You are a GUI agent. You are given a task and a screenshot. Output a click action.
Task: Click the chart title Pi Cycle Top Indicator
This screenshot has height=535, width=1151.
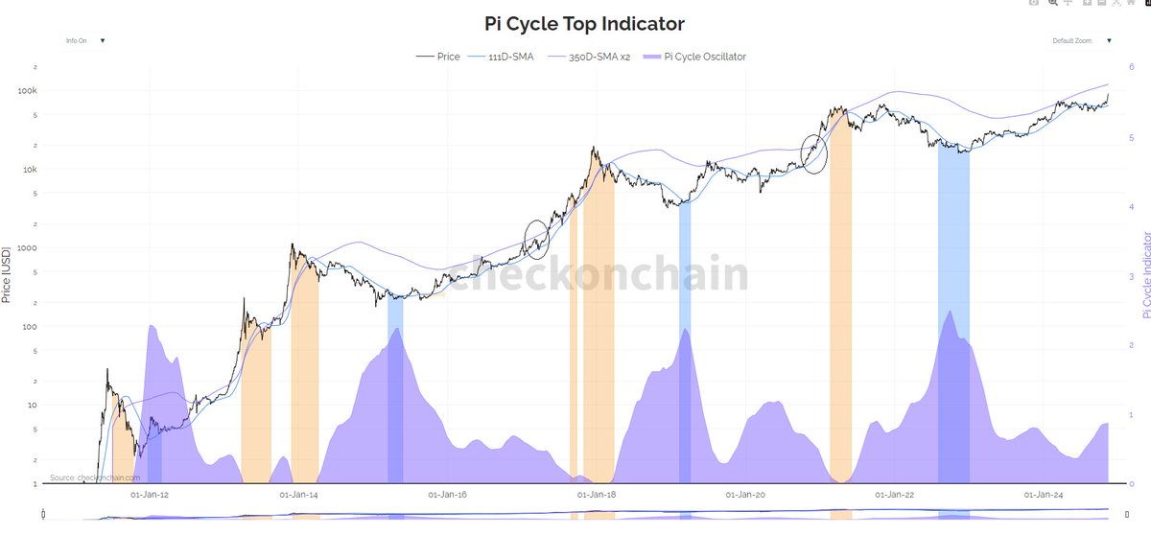(x=576, y=23)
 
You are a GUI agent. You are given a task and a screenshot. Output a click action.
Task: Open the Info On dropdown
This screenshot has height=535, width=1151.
(x=85, y=41)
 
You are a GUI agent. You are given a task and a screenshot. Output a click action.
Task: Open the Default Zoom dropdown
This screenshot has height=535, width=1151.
(x=1081, y=41)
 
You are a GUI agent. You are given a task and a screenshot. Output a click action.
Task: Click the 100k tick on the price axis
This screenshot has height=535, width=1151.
(x=53, y=90)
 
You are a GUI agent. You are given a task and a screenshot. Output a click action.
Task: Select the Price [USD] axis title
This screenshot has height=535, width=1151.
(x=8, y=274)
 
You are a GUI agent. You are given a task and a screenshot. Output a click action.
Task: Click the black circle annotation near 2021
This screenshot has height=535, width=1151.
(x=814, y=153)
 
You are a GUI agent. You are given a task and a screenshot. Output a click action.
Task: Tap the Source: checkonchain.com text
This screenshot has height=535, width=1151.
(x=95, y=477)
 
